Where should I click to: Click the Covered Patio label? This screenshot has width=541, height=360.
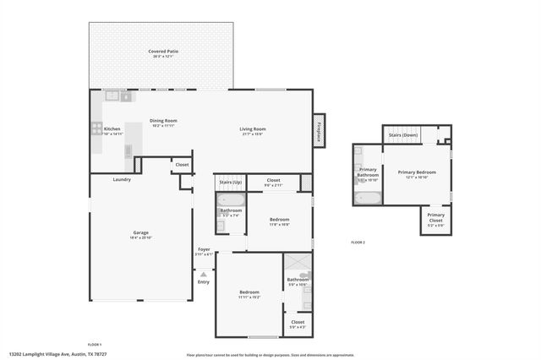point(163,52)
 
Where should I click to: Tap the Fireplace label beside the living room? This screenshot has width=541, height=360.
point(320,130)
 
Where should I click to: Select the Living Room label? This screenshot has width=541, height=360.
point(252,128)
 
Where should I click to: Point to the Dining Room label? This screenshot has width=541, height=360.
point(163,120)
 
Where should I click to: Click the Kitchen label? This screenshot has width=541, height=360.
point(112,128)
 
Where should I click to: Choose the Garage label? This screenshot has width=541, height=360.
point(140,232)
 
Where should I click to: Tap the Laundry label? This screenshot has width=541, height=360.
point(122,179)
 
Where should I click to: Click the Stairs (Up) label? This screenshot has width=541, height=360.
point(231,182)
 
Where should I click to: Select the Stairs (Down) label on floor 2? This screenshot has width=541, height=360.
point(402,134)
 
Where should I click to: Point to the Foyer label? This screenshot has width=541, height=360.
point(204,249)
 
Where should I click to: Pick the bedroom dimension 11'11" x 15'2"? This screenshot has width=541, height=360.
point(249,297)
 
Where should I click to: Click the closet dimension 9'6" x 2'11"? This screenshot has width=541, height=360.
point(273,184)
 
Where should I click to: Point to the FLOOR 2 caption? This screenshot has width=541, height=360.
point(358,243)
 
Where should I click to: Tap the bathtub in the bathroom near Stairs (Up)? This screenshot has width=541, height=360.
point(231,199)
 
